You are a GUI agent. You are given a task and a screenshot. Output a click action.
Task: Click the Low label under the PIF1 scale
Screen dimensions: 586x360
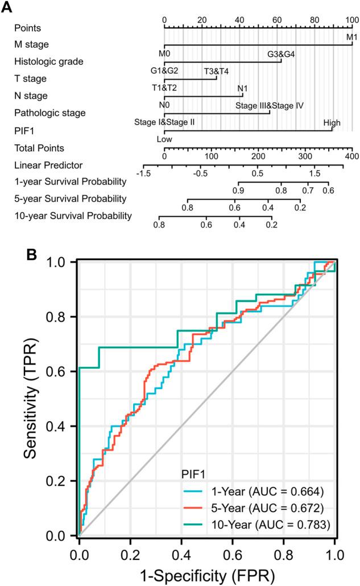164,139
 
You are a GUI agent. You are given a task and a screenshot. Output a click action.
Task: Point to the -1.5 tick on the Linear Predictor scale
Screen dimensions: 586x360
143,172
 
